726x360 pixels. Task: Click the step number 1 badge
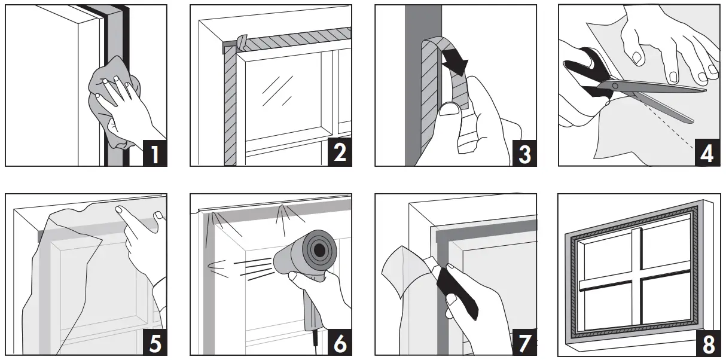coord(154,152)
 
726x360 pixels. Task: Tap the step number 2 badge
coord(338,152)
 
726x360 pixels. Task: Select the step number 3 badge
coord(523,152)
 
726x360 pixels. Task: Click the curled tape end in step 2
coord(242,42)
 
